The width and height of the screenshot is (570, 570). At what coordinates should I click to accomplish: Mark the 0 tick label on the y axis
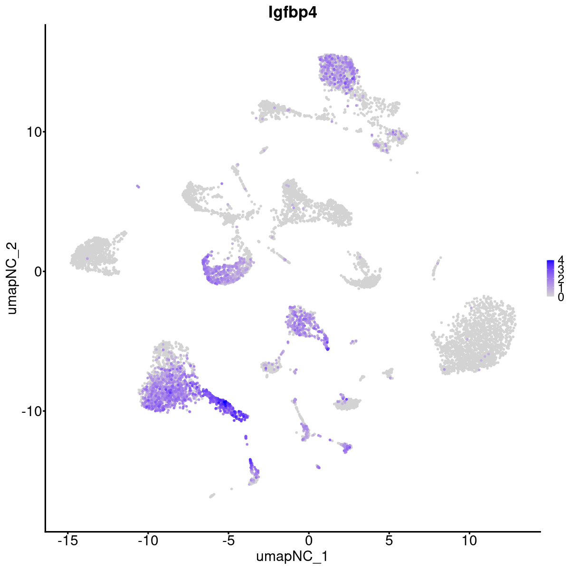pyautogui.click(x=36, y=271)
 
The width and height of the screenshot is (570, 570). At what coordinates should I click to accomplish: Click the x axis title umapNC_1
pyautogui.click(x=292, y=556)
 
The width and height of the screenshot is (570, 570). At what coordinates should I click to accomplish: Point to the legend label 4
pyautogui.click(x=561, y=260)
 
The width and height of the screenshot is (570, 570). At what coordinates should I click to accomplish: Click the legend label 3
pyautogui.click(x=561, y=269)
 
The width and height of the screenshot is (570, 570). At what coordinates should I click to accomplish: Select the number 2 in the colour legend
pyautogui.click(x=561, y=278)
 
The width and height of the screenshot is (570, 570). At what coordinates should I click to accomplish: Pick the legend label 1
pyautogui.click(x=561, y=288)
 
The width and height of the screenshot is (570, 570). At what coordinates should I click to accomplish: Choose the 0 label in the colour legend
pyautogui.click(x=561, y=297)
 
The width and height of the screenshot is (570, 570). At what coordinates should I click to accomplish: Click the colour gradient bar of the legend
pyautogui.click(x=551, y=278)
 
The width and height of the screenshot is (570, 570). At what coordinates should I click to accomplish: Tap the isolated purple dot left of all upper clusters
pyautogui.click(x=138, y=187)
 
